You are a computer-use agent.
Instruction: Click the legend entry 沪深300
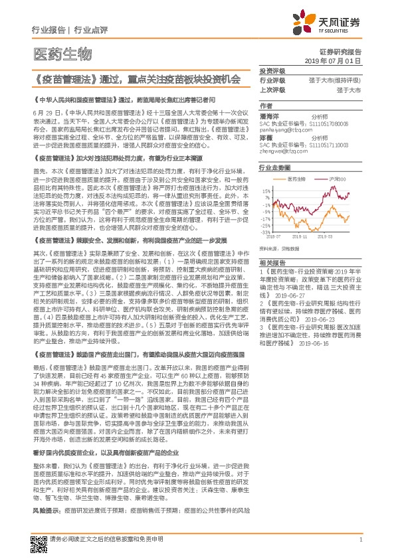(x=338, y=180)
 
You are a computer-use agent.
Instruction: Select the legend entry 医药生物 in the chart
(x=297, y=180)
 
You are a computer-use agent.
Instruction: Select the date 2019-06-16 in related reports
(x=324, y=345)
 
